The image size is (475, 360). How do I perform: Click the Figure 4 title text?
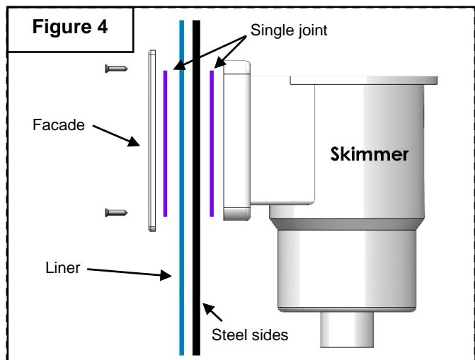(x=69, y=27)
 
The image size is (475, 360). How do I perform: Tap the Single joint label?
(x=289, y=30)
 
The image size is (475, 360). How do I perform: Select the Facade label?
(x=59, y=124)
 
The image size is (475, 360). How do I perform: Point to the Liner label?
(x=63, y=267)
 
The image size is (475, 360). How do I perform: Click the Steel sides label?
(x=250, y=335)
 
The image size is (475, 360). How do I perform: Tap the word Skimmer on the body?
(x=370, y=154)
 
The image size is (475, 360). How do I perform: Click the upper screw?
(x=116, y=69)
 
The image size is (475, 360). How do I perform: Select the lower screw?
(x=116, y=213)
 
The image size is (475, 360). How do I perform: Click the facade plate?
(x=152, y=141)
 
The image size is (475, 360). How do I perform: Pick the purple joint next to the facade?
(x=165, y=144)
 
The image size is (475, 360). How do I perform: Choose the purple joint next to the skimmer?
(x=212, y=144)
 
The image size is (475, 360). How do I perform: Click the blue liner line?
(x=182, y=187)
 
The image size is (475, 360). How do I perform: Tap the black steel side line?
(x=196, y=187)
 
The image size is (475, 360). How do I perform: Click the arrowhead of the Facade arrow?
(x=135, y=141)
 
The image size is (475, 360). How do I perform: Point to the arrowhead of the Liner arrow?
(x=166, y=275)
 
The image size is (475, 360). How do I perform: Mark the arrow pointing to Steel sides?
(x=212, y=312)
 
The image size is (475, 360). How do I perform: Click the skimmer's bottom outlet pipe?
(x=347, y=330)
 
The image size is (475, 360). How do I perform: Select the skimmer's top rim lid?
(x=364, y=81)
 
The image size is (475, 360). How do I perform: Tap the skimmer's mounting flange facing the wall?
(x=237, y=140)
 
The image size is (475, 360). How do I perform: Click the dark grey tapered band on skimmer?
(x=347, y=224)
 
